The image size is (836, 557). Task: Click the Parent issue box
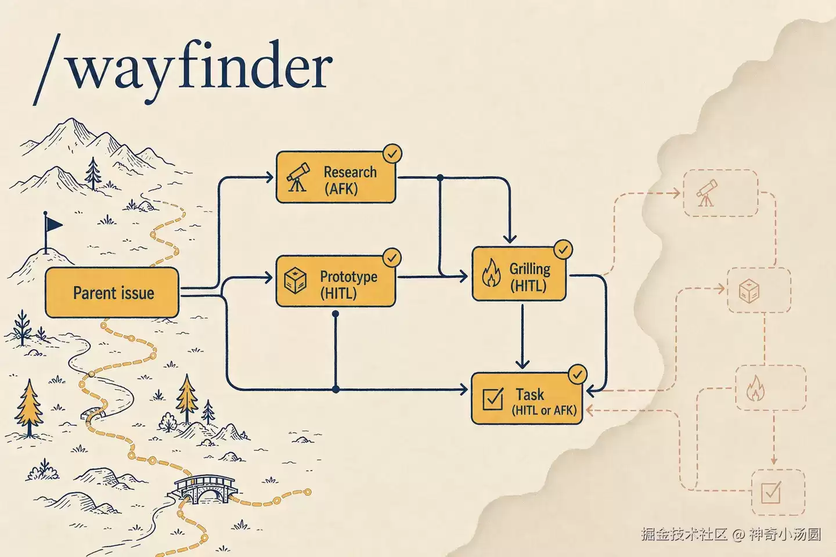(112, 292)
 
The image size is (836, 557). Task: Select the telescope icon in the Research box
(298, 177)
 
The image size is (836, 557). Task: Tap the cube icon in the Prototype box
(295, 280)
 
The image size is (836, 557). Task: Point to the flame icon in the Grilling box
(492, 273)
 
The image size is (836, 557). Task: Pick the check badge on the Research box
(392, 154)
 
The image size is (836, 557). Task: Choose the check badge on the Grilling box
(563, 249)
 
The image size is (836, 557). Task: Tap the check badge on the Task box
(577, 374)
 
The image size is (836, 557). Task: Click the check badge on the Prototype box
(392, 258)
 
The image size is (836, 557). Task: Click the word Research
(350, 172)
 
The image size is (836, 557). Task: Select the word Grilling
(530, 269)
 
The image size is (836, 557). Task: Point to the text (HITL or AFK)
(544, 410)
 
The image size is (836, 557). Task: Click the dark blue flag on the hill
(53, 224)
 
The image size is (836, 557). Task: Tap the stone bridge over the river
(205, 489)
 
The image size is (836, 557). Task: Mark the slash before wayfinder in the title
(46, 70)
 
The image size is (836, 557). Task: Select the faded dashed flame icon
(755, 388)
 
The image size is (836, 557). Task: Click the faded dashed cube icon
(749, 291)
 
